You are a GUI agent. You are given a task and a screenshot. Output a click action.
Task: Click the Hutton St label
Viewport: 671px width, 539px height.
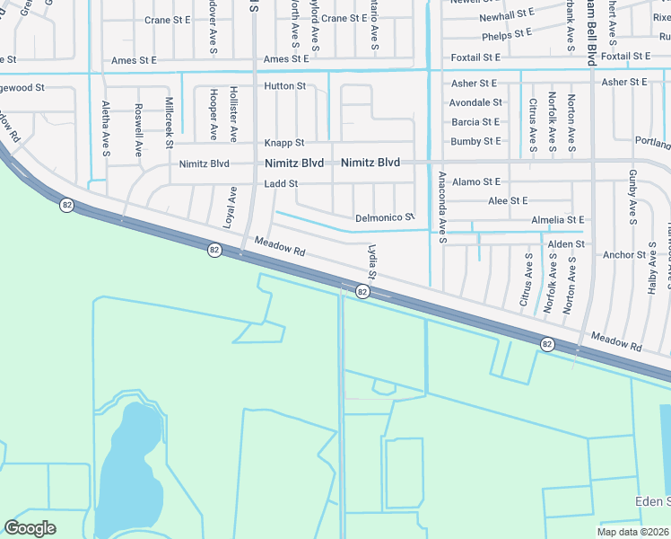click(x=284, y=86)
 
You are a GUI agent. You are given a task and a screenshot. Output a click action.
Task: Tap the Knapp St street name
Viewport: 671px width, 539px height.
click(x=283, y=143)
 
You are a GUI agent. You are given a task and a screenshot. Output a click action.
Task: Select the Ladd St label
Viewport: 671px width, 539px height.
click(x=280, y=184)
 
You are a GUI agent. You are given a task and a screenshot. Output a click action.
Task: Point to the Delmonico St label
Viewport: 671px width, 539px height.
click(x=385, y=217)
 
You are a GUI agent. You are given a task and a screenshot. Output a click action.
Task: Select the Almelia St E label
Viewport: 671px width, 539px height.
click(x=557, y=220)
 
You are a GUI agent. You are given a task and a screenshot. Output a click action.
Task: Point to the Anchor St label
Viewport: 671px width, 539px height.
click(x=624, y=255)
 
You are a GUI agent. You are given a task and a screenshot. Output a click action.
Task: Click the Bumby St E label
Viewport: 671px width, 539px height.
click(x=475, y=142)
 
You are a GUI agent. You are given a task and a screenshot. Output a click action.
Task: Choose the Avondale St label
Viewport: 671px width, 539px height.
click(x=475, y=102)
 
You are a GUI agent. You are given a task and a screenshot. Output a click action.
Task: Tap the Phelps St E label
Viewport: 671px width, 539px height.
click(x=508, y=37)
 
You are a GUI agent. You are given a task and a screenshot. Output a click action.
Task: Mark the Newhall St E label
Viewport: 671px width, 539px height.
click(x=507, y=17)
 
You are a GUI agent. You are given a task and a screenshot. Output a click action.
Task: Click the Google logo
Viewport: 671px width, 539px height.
click(x=30, y=528)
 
